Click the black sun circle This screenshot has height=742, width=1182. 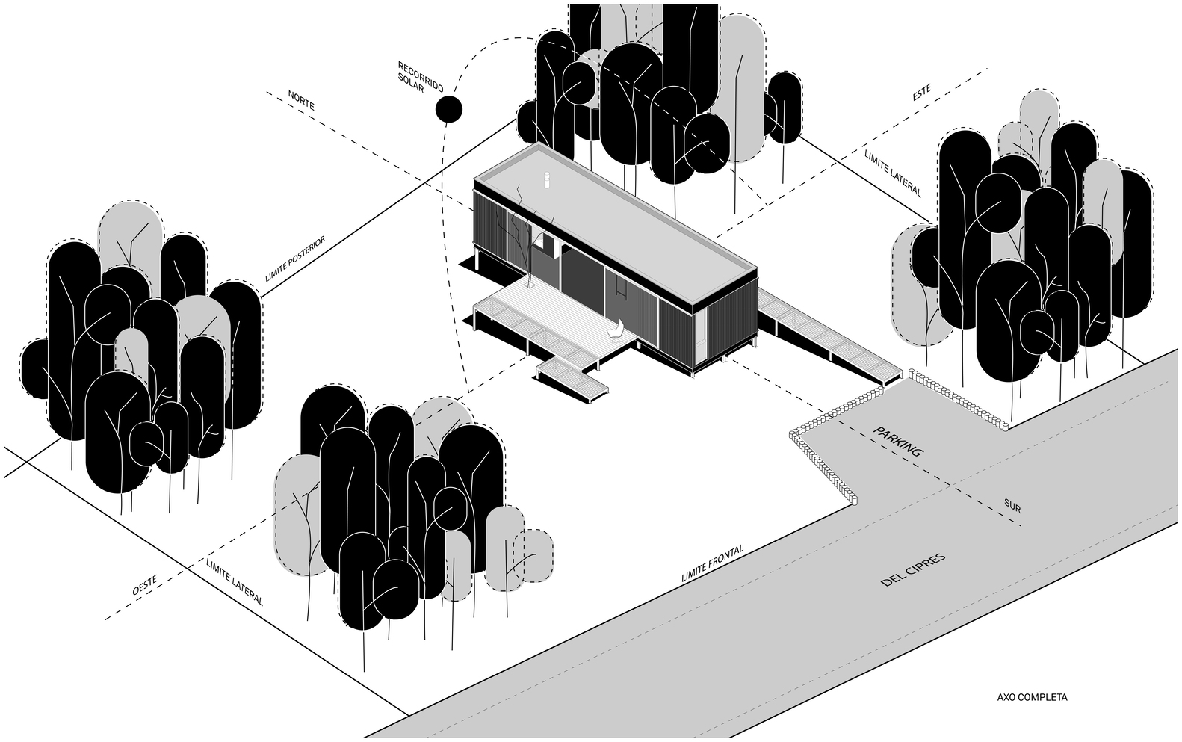click(x=448, y=109)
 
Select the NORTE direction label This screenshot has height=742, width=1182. click(x=301, y=100)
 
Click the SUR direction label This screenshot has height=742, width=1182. click(x=1012, y=506)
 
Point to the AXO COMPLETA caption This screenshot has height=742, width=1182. click(x=1032, y=698)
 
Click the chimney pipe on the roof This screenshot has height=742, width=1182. click(x=546, y=180)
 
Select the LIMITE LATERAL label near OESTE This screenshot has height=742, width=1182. click(x=235, y=583)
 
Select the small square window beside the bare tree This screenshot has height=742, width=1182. click(x=544, y=243)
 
